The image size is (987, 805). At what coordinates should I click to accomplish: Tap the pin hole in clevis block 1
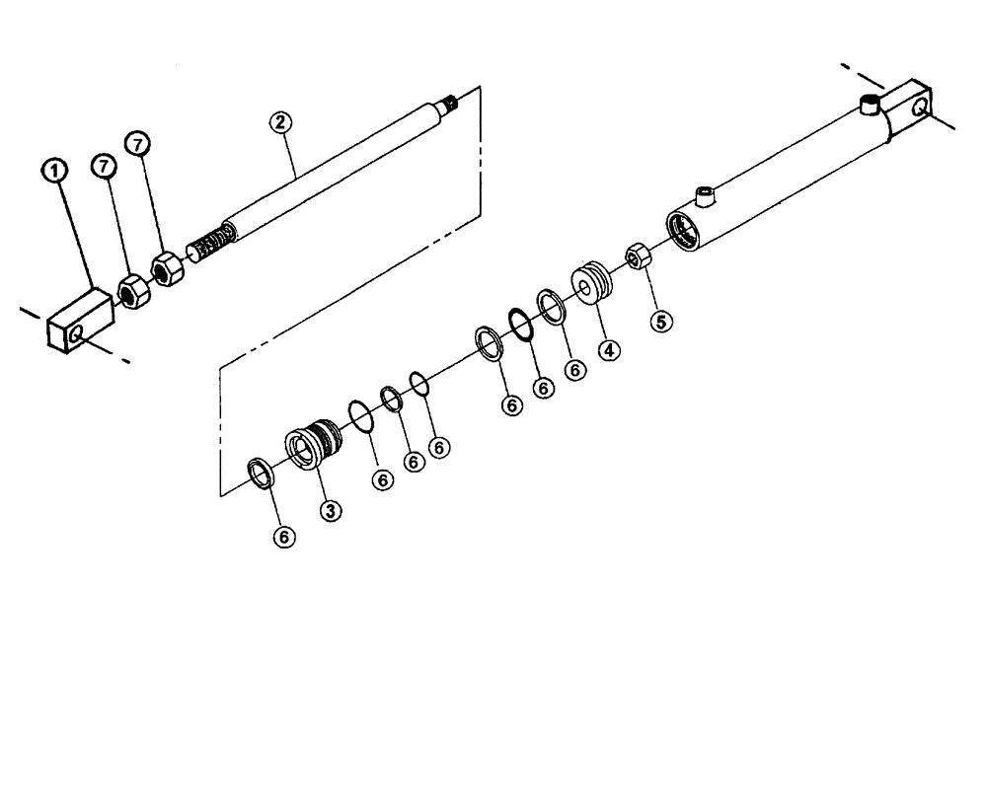[77, 337]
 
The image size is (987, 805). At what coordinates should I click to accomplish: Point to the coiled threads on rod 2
[213, 241]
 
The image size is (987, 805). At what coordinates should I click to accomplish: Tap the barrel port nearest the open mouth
[705, 195]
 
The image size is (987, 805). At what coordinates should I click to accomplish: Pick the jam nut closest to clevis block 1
[131, 290]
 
